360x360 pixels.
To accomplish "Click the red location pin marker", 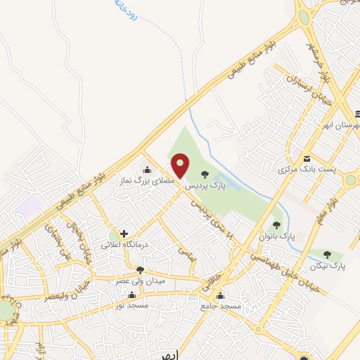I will (181, 166).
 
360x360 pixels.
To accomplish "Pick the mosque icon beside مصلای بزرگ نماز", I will (147, 169).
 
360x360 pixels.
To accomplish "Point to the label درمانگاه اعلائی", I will (123, 245).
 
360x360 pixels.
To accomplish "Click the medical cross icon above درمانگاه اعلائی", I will (124, 233).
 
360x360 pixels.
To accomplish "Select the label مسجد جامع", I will (221, 307).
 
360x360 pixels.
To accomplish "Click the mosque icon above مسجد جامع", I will (221, 296).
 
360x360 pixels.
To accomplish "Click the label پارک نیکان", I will (328, 266).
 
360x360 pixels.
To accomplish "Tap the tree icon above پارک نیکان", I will (327, 253).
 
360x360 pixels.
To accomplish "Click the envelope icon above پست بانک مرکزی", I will (307, 157).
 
